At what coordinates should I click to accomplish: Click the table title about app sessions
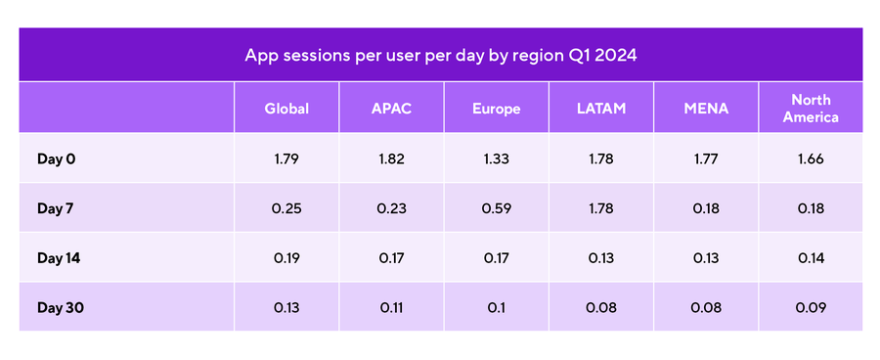(440, 55)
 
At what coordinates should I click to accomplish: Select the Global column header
(286, 109)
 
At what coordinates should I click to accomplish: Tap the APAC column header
(391, 109)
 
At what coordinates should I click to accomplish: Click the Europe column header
(496, 109)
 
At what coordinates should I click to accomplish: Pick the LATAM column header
(600, 109)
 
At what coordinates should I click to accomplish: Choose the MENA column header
(705, 109)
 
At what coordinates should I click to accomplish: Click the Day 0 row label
(56, 158)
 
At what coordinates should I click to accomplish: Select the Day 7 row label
(56, 207)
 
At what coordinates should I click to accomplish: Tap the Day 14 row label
(58, 257)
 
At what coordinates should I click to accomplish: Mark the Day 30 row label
(60, 307)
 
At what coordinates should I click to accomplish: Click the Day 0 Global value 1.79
(286, 158)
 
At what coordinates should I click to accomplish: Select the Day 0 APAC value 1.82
(391, 158)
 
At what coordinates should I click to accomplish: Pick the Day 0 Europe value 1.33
(496, 158)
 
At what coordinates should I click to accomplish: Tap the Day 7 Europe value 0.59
(496, 207)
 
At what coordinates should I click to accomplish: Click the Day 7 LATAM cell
(600, 207)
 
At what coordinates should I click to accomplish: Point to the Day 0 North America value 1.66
(811, 158)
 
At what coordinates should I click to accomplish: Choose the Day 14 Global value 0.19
(286, 257)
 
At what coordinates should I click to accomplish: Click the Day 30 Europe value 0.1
(496, 307)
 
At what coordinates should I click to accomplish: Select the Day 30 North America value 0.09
(811, 307)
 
